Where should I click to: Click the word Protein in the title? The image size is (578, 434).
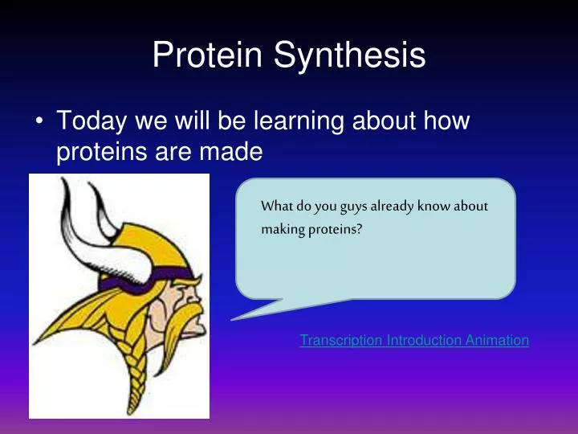point(208,55)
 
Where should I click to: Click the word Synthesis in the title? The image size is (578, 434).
point(349,56)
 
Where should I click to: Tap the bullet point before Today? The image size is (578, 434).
point(39,121)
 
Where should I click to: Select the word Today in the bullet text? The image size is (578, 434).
point(92,121)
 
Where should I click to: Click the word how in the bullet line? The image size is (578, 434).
point(446,120)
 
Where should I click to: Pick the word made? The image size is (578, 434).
point(230,151)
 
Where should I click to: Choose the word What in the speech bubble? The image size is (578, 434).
point(276,206)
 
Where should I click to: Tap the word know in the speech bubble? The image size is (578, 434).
point(433,206)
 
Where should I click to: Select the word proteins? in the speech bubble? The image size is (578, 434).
point(336,230)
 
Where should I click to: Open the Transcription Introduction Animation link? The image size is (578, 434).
point(414,340)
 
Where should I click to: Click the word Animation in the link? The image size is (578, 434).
point(497,340)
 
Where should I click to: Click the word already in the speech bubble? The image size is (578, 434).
point(392,207)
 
